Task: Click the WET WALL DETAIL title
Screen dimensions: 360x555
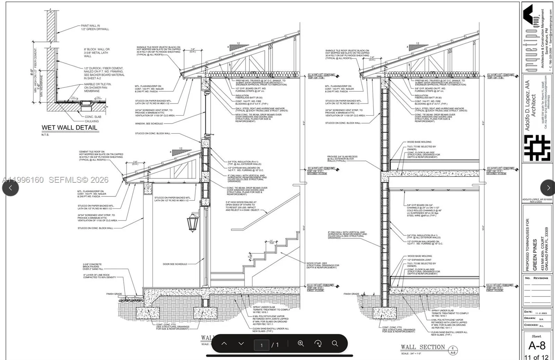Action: click(x=69, y=128)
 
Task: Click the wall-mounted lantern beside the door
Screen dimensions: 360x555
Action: click(x=193, y=222)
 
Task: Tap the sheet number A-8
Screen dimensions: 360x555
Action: click(x=537, y=346)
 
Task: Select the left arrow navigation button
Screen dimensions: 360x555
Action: click(x=10, y=188)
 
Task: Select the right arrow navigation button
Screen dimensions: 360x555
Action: click(x=548, y=188)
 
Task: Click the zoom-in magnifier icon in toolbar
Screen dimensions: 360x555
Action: click(x=301, y=343)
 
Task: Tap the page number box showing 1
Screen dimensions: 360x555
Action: click(x=262, y=345)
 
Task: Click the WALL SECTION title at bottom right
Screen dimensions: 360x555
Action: click(x=422, y=347)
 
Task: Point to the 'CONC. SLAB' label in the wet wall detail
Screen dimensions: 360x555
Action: click(x=93, y=117)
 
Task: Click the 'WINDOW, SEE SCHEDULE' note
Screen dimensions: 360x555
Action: click(x=149, y=123)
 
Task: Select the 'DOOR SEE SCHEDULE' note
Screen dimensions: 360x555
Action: click(x=175, y=264)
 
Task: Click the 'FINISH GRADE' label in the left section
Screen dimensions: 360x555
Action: click(x=114, y=294)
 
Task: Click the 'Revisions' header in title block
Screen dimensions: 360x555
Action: click(x=540, y=278)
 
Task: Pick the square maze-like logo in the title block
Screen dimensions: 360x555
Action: click(x=537, y=148)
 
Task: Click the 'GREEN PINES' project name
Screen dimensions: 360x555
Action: click(x=535, y=255)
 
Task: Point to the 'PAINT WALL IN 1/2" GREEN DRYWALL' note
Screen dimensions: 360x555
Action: click(x=95, y=27)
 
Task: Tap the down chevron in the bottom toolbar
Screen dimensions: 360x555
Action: click(x=241, y=343)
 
